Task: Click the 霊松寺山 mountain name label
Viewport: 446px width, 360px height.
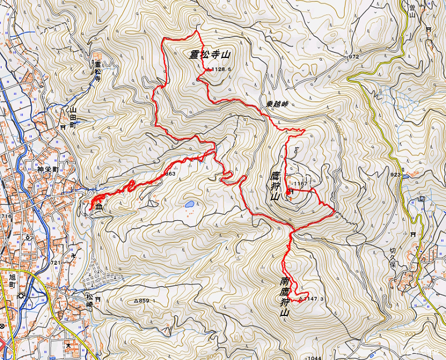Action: [x=210, y=55]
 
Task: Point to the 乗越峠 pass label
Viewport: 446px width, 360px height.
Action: [x=277, y=104]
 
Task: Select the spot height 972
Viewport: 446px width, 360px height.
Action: [x=353, y=57]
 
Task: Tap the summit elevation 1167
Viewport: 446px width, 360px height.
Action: [x=300, y=183]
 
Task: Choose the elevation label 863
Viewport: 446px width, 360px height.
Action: [x=171, y=174]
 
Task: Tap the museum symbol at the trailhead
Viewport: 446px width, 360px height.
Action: [x=99, y=207]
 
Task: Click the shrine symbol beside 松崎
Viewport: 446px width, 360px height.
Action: [x=98, y=299]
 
